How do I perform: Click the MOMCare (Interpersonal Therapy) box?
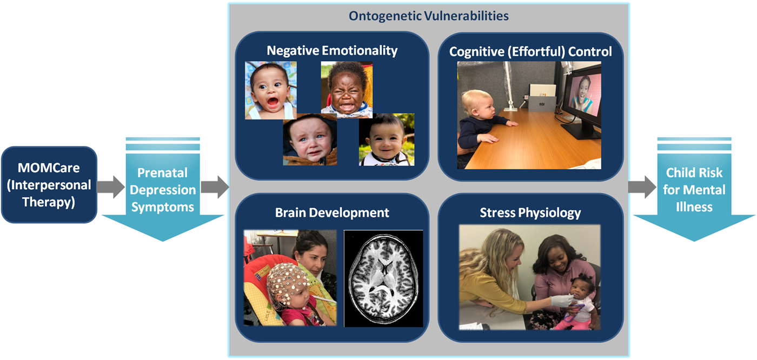point(49,185)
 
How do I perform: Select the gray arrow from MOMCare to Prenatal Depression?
point(111,186)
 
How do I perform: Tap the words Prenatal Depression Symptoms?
point(163,190)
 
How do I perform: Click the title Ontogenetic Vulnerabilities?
point(428,16)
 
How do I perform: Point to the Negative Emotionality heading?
point(332,51)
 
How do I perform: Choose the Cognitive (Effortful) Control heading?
point(530,52)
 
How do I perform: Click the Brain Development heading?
point(332,213)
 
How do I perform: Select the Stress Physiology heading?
point(530,213)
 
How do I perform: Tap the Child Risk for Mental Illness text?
point(694,190)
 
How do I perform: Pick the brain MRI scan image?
point(383,278)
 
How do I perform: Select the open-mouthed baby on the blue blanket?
point(271,90)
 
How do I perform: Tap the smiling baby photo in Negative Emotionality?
point(387,139)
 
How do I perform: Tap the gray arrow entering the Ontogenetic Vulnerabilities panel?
point(215,186)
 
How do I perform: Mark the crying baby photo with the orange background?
point(347,90)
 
